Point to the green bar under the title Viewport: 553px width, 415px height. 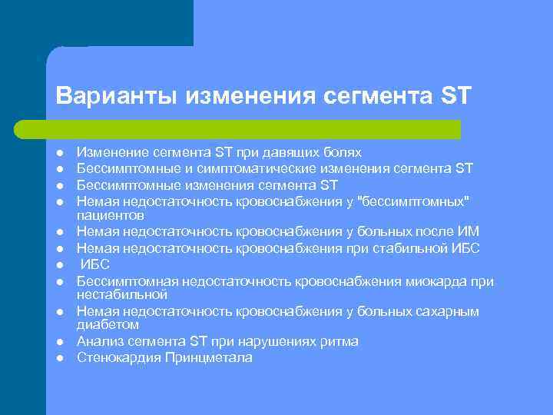(x=253, y=129)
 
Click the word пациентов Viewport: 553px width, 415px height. (x=106, y=216)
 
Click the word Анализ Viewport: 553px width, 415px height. (x=98, y=341)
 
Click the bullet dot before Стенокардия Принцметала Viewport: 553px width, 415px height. (x=58, y=358)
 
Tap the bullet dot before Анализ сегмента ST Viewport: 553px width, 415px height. (x=58, y=342)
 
